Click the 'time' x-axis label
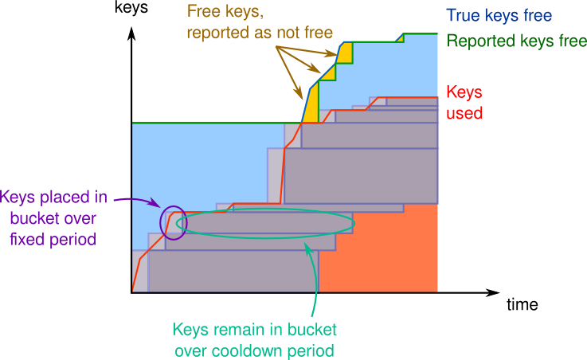[522, 304]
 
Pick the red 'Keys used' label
[464, 102]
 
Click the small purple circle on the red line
[173, 222]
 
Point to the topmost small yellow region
[345, 53]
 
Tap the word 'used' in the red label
[464, 112]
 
